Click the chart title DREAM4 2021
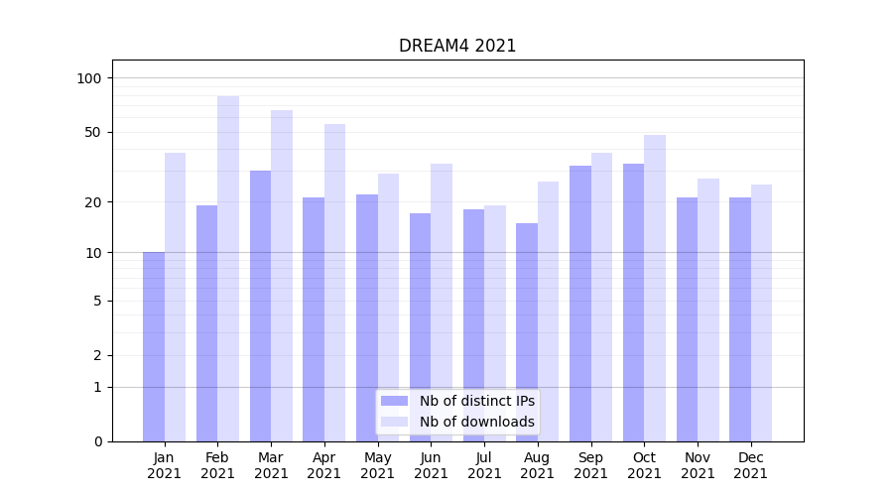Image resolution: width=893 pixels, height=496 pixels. tap(457, 46)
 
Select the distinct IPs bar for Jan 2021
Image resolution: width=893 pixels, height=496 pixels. tap(154, 346)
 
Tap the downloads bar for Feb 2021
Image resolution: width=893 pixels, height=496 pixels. tap(228, 268)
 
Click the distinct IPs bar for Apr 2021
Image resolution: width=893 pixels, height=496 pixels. tap(314, 318)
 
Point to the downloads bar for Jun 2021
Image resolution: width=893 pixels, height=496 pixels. tap(442, 302)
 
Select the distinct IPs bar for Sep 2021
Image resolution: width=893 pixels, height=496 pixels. tap(580, 303)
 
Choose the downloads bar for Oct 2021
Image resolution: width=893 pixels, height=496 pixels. tap(655, 288)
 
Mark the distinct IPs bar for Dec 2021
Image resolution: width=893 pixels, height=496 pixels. tap(740, 318)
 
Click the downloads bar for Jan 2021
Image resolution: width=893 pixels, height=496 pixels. tap(176, 297)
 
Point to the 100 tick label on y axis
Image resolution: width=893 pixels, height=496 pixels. tap(89, 78)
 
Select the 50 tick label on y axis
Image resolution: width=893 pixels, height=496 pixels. tap(92, 132)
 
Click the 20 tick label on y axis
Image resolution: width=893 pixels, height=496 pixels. tap(92, 202)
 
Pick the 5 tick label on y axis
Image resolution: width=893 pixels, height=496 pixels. tap(96, 301)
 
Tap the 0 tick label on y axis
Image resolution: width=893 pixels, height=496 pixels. tap(96, 441)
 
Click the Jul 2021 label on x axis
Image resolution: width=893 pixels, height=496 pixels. tap(484, 465)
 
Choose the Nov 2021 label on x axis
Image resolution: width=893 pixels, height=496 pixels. tap(698, 465)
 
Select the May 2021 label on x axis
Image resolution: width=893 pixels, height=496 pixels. tap(378, 465)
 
